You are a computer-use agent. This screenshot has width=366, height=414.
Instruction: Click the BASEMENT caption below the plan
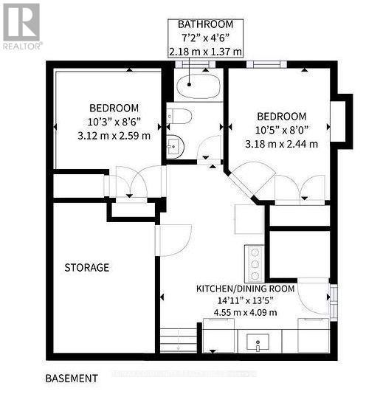point(72,379)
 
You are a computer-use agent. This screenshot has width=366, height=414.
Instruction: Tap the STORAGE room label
point(86,267)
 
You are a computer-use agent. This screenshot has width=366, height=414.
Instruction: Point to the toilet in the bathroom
point(179,117)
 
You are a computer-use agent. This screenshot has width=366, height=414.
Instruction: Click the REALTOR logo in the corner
point(21,25)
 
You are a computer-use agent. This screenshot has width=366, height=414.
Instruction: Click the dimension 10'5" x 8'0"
point(281,130)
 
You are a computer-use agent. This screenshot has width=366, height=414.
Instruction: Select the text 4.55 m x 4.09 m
point(246,312)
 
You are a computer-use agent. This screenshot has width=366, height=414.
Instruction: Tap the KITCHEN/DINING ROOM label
point(246,288)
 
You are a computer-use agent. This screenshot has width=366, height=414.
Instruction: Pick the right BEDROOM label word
point(281,116)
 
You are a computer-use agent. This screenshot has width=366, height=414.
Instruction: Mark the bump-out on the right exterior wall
point(341,118)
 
